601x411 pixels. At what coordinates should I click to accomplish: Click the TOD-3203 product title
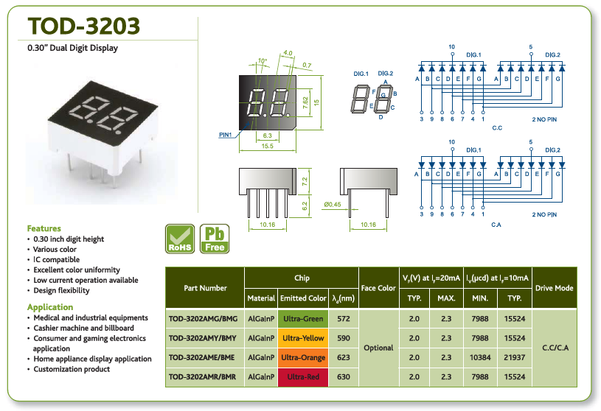tap(84, 26)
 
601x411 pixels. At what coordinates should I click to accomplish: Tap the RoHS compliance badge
tap(180, 239)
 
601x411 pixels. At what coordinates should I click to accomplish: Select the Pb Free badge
tap(215, 239)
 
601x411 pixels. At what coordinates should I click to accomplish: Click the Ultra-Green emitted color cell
tap(303, 318)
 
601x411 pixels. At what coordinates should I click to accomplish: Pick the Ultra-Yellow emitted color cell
tap(303, 338)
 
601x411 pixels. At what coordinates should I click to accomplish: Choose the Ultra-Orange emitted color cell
tap(303, 357)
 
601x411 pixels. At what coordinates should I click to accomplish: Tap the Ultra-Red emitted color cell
tap(303, 377)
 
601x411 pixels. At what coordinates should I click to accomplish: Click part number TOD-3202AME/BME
tap(203, 357)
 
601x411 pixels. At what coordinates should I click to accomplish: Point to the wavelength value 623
tap(344, 357)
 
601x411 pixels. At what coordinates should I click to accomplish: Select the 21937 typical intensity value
tap(515, 357)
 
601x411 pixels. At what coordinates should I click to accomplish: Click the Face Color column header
tap(378, 288)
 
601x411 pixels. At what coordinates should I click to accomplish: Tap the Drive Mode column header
tap(555, 288)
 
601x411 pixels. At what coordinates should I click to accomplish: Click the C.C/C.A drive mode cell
tap(555, 348)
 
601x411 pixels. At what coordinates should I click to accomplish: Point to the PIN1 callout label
tap(226, 135)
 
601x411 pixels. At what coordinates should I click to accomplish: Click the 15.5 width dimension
tap(267, 146)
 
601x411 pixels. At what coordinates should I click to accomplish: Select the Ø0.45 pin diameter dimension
tap(333, 204)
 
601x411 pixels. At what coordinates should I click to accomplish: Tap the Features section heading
tap(44, 228)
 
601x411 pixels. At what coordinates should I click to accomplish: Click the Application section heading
tap(50, 307)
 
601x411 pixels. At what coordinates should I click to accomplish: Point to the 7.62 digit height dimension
tap(305, 102)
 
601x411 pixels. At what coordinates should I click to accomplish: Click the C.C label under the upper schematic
tap(497, 128)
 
